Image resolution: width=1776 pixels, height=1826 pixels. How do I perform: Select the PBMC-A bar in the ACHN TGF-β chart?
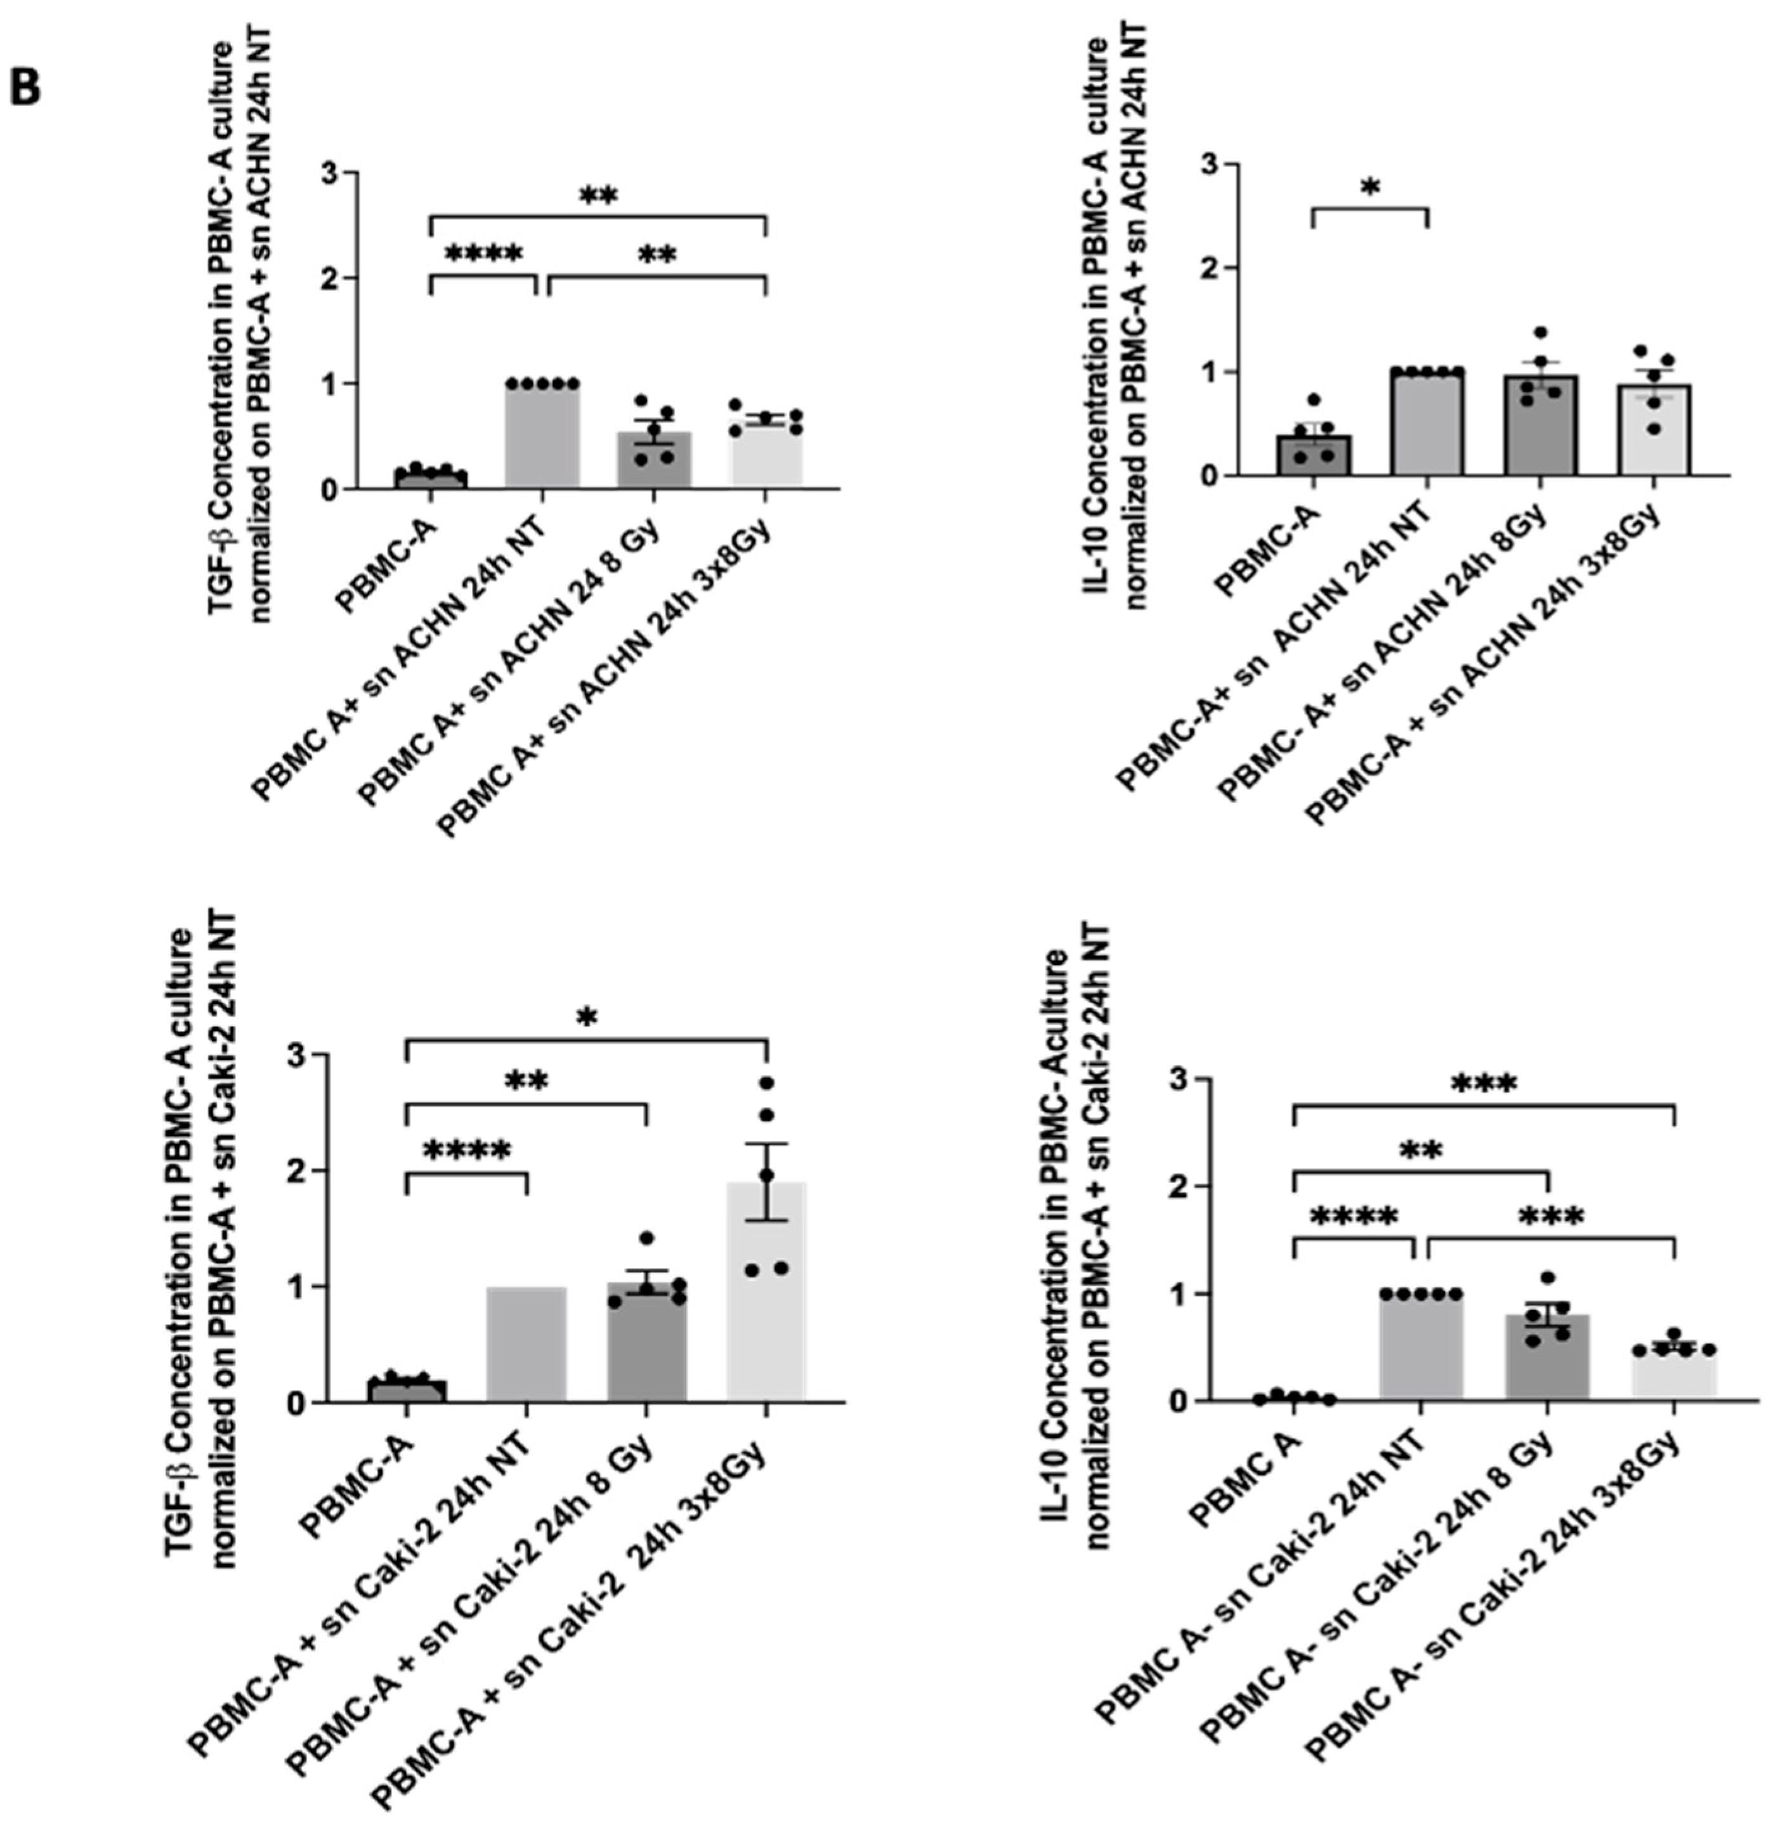430,479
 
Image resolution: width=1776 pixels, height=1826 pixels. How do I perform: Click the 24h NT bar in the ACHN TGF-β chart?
542,434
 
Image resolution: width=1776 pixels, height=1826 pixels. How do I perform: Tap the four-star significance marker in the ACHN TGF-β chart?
483,254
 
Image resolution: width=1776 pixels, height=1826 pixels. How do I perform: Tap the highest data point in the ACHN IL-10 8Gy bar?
1540,333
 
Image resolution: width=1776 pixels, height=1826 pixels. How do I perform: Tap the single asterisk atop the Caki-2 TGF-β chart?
586,1016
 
